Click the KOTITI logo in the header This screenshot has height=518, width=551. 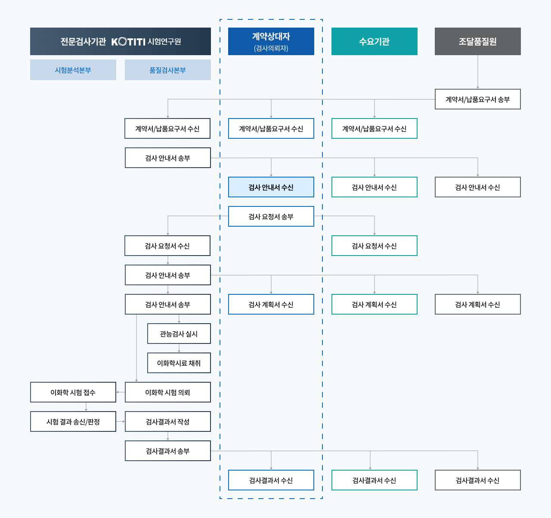[128, 42]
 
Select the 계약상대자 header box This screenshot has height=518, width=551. [271, 41]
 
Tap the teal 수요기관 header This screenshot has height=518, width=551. [374, 41]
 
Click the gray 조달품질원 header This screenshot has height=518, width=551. [477, 41]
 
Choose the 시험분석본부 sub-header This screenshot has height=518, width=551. [73, 70]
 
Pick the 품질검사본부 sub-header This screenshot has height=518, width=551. [167, 70]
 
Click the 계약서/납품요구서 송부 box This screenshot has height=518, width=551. [477, 99]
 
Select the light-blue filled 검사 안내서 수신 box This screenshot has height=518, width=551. [271, 187]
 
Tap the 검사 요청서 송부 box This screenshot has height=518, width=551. [271, 216]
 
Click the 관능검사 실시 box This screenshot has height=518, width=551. [179, 334]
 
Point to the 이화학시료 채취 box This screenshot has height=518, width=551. [179, 363]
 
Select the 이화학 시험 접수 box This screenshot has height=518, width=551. [73, 392]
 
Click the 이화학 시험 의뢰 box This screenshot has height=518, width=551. [167, 392]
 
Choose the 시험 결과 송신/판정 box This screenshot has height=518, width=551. [73, 421]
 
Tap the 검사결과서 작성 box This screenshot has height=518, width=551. [167, 421]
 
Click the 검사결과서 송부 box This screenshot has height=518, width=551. [167, 451]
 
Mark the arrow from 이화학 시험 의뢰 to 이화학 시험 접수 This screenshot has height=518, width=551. [121, 392]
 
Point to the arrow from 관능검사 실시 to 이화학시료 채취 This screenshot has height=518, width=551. [179, 348]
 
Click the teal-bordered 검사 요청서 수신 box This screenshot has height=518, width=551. [374, 246]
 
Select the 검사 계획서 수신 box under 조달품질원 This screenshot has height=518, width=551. [477, 304]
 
